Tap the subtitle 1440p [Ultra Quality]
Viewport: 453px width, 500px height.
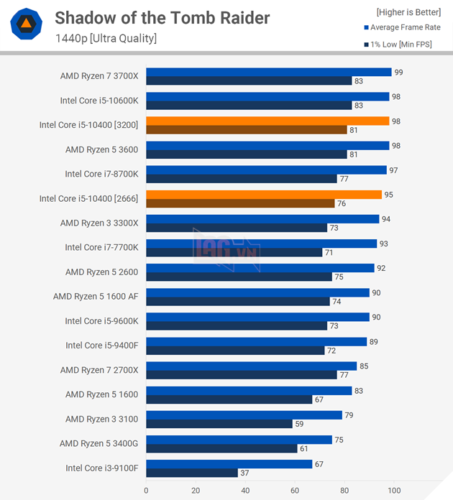(x=106, y=38)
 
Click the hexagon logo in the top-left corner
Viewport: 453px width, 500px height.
(x=25, y=25)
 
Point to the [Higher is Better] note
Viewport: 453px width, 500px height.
(x=408, y=11)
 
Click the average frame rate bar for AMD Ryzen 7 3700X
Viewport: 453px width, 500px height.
(x=268, y=72)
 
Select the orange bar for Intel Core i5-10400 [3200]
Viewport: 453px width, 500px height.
(x=267, y=121)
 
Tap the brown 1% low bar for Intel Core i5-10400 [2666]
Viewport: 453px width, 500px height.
(x=240, y=203)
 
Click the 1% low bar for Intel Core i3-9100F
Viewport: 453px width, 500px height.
(x=192, y=473)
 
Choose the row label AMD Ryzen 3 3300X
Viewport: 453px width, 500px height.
(x=99, y=223)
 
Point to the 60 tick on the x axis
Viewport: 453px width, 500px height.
(x=295, y=491)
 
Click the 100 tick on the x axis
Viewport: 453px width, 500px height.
(x=394, y=491)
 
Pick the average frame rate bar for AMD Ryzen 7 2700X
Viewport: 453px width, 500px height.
(x=251, y=366)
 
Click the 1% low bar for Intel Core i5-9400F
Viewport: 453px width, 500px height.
(x=235, y=351)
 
